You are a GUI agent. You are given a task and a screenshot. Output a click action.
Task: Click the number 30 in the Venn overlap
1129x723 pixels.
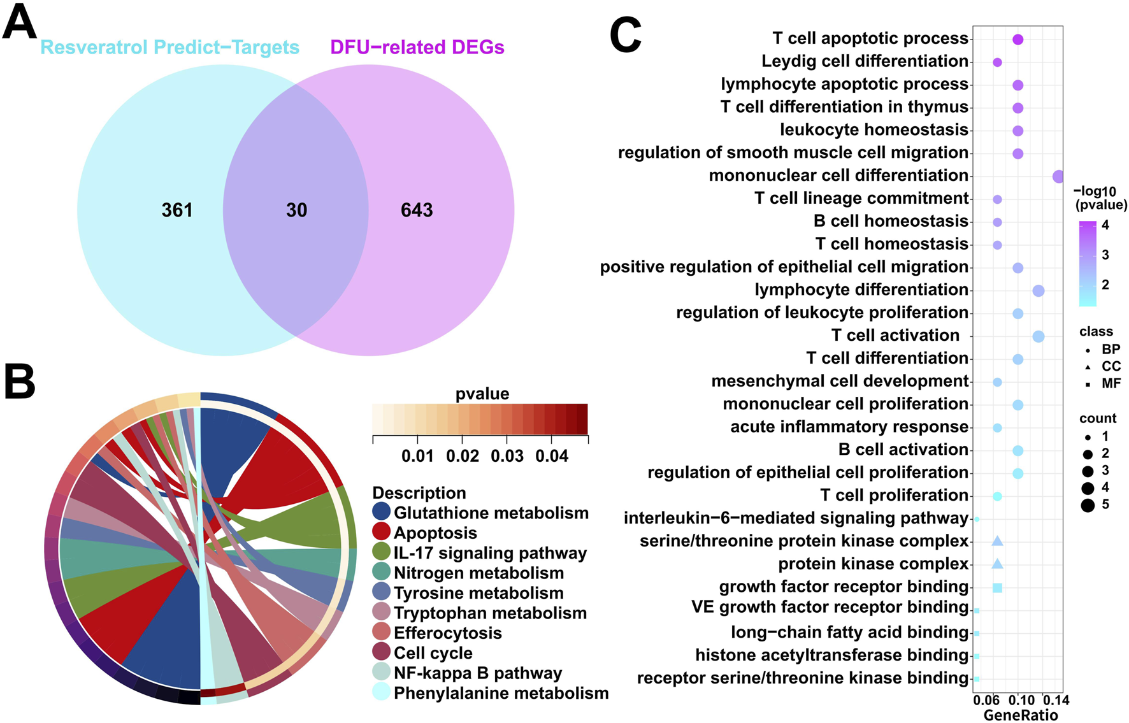point(296,210)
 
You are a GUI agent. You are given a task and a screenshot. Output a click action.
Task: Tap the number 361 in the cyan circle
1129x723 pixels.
point(177,210)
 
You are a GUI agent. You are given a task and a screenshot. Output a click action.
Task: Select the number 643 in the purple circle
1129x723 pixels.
point(417,210)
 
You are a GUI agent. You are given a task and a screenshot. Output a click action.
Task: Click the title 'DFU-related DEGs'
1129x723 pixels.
point(417,47)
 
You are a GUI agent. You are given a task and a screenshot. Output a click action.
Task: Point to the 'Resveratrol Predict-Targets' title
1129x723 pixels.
point(169,47)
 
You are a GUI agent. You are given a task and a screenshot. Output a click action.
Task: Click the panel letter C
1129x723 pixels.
point(625,36)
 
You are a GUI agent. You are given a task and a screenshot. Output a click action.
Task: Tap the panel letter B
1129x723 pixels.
point(20,381)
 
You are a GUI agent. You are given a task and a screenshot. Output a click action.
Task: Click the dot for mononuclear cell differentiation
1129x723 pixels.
point(1058,176)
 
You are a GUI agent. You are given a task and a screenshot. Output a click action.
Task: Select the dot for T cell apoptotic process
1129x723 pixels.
point(1018,39)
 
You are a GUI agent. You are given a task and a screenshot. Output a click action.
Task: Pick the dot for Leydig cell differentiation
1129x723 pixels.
point(997,62)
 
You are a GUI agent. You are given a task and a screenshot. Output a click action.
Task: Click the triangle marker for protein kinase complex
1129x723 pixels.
point(998,564)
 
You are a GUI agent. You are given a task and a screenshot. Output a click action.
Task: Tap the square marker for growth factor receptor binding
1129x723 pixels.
point(998,588)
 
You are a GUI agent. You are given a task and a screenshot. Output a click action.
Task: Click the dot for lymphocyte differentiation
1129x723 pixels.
point(1038,291)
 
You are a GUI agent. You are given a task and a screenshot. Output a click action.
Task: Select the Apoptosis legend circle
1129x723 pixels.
point(381,532)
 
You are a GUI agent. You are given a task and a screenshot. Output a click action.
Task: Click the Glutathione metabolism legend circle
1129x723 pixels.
point(381,512)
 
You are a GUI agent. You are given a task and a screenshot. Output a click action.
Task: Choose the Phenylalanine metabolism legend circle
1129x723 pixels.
point(381,692)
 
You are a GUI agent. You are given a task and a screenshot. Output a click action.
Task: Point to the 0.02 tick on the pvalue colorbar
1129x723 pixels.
point(462,456)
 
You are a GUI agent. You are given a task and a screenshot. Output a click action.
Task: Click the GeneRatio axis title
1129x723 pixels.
point(1020,715)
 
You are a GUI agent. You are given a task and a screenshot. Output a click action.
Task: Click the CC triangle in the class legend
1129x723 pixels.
point(1088,367)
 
